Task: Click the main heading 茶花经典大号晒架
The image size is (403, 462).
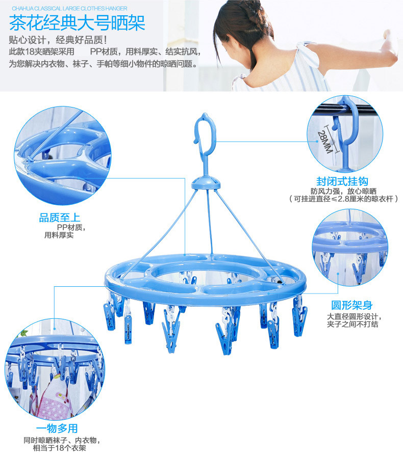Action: pyautogui.click(x=77, y=23)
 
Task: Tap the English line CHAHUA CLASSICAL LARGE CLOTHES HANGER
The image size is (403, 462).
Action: pyautogui.click(x=69, y=9)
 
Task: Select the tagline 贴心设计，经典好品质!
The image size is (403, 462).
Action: pyautogui.click(x=58, y=40)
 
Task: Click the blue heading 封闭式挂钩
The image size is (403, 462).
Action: pyautogui.click(x=342, y=181)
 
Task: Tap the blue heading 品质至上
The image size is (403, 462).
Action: pyautogui.click(x=60, y=218)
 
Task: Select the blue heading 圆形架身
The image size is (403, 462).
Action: pyautogui.click(x=351, y=305)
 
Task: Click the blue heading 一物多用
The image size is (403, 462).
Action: pyautogui.click(x=57, y=428)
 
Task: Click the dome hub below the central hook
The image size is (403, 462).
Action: pyautogui.click(x=206, y=183)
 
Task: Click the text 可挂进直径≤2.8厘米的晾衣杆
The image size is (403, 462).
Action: pyautogui.click(x=343, y=199)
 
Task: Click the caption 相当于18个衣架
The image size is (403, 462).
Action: pyautogui.click(x=59, y=448)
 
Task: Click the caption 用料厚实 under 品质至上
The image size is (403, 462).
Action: pyautogui.click(x=59, y=235)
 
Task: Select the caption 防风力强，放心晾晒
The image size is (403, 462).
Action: pyautogui.click(x=343, y=191)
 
